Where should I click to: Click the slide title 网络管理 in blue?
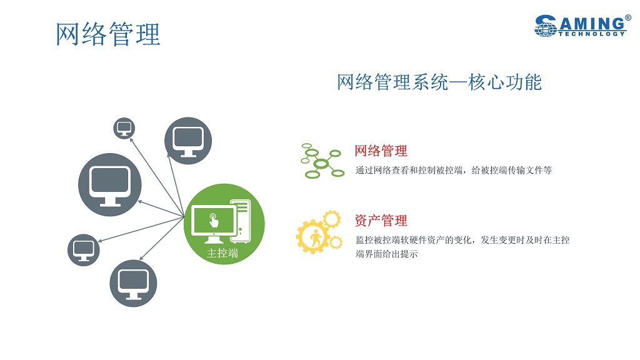coord(107,34)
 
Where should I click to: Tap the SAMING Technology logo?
coord(582,26)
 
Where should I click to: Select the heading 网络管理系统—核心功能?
coord(439,82)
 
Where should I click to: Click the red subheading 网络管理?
coord(381,151)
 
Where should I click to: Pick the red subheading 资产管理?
coord(381,221)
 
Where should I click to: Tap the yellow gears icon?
coord(319,232)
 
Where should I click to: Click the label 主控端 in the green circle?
coord(222,254)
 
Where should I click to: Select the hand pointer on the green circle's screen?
coord(214,220)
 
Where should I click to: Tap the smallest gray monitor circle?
coord(124,128)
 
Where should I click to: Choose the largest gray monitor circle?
coord(110,185)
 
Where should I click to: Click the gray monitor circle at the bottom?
coord(134,283)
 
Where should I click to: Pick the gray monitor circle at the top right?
coord(188,141)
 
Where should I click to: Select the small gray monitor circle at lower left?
coord(84,250)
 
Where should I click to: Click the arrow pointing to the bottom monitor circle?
coord(162,239)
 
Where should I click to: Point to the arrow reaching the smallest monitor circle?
coord(157,177)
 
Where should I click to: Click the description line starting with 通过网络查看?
coord(454,170)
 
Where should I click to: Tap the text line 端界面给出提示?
coord(386,254)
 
